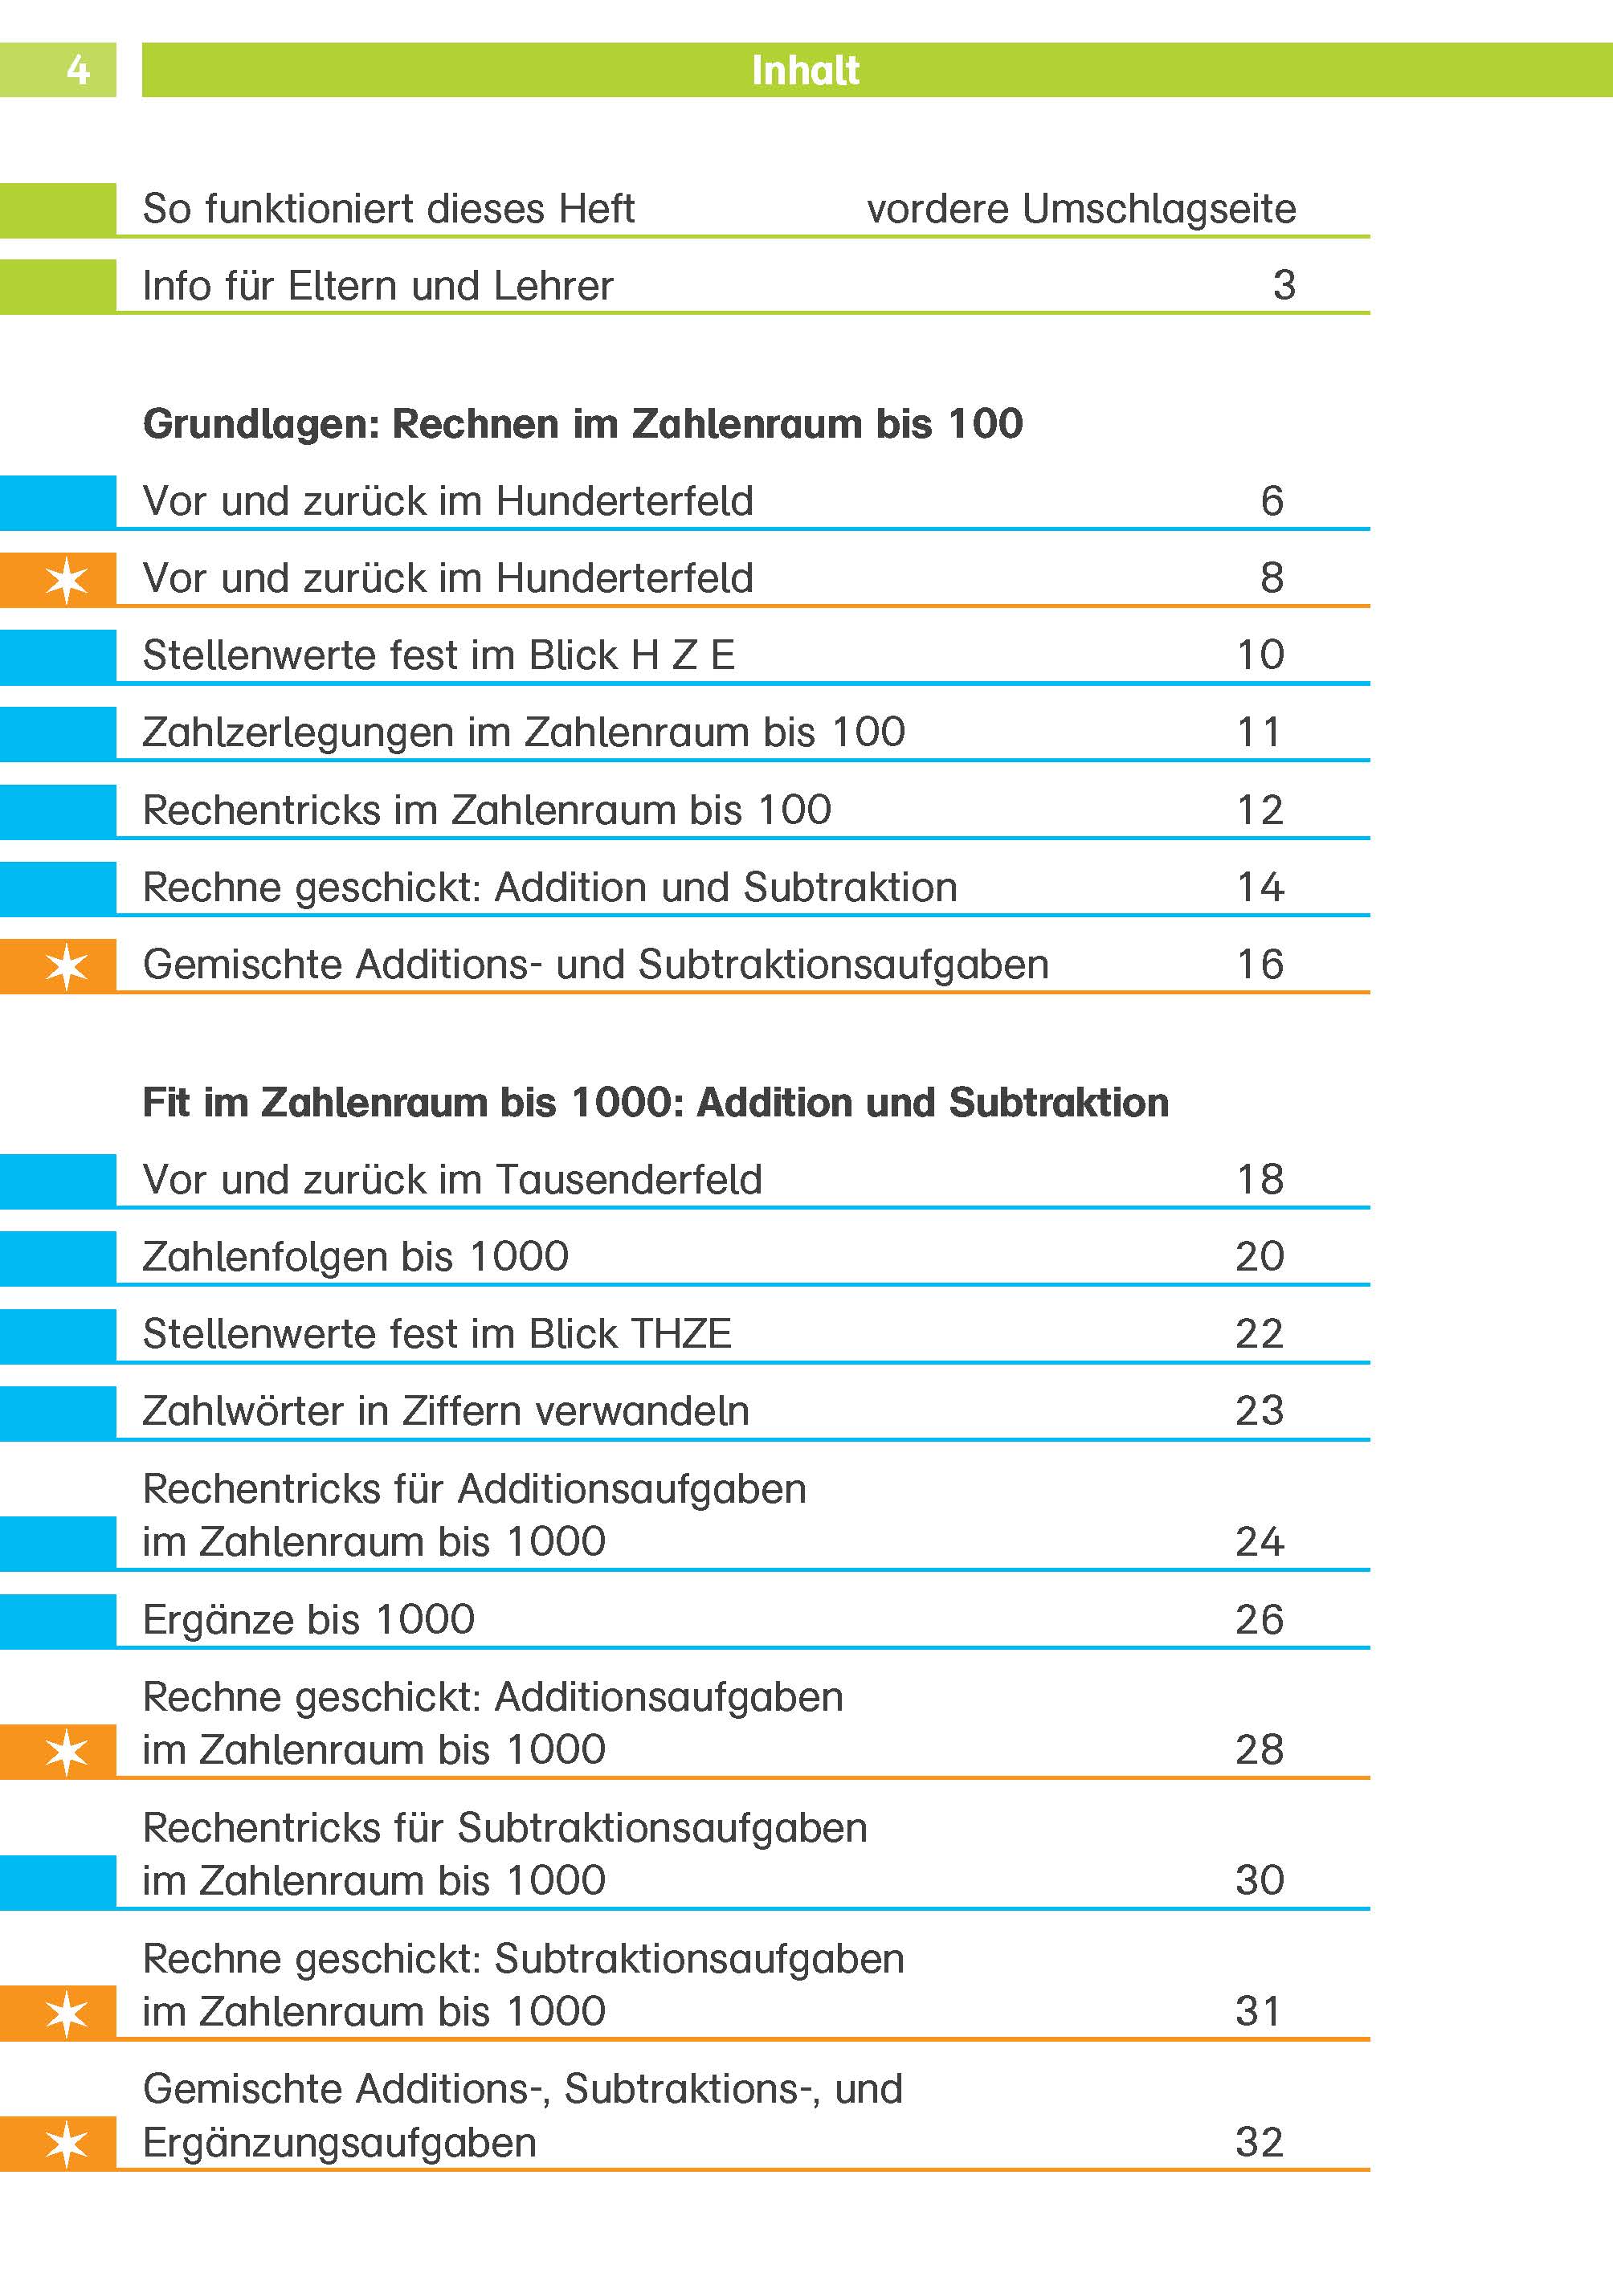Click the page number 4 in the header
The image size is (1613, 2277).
pyautogui.click(x=77, y=71)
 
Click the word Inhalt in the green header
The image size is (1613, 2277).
pyautogui.click(x=805, y=71)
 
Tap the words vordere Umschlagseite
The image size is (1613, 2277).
pyautogui.click(x=1080, y=210)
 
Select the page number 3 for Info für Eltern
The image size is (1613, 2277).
pyautogui.click(x=1283, y=286)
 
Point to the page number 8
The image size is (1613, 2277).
pyautogui.click(x=1272, y=578)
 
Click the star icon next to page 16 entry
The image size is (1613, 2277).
pyautogui.click(x=67, y=966)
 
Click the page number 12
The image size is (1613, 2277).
pyautogui.click(x=1260, y=810)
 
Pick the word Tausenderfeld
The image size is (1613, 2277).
pyautogui.click(x=627, y=1180)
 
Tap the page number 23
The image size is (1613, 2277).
pyautogui.click(x=1260, y=1411)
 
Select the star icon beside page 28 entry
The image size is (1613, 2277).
pyautogui.click(x=67, y=1752)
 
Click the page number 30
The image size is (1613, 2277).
pyautogui.click(x=1260, y=1879)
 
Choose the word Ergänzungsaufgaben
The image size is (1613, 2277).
pyautogui.click(x=339, y=2142)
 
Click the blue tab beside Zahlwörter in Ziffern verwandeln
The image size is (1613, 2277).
pyautogui.click(x=58, y=1412)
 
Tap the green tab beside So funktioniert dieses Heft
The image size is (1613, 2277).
pyautogui.click(x=58, y=210)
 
